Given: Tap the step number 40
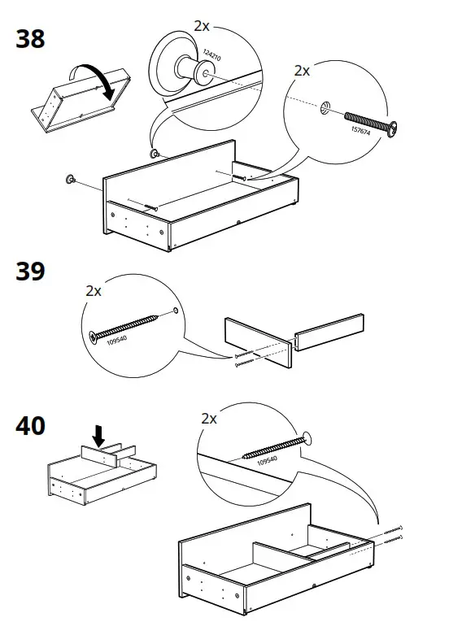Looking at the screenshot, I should coord(31,425).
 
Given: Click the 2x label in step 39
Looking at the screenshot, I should coord(94,290).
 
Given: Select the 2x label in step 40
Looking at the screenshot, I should coord(209,419).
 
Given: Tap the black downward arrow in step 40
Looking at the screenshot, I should coord(99,436).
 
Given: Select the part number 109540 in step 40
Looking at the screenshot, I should coord(268,463).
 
